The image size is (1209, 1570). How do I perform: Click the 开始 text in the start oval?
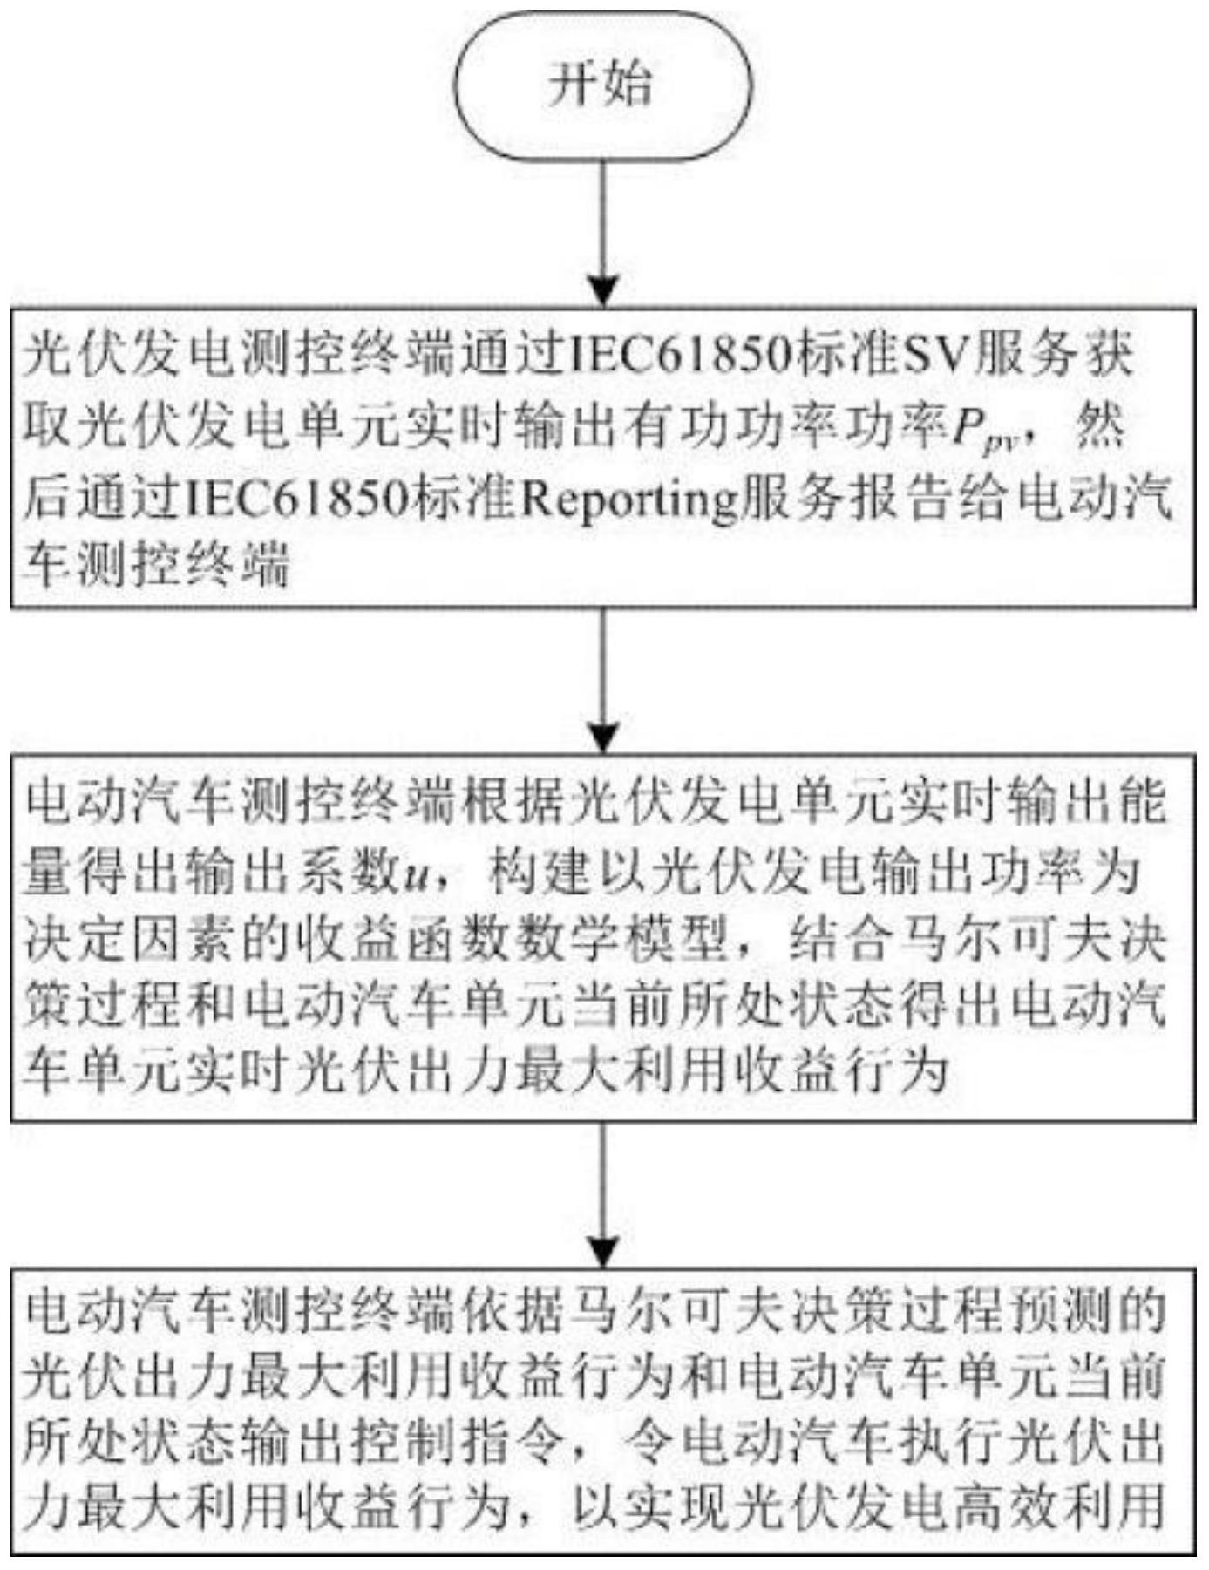[601, 86]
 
